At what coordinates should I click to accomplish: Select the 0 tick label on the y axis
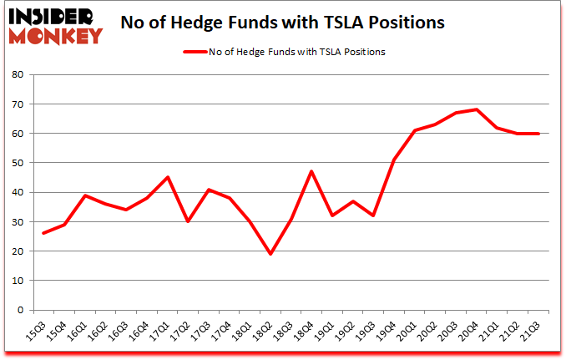(18, 310)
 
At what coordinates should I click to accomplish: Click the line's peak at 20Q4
(476, 109)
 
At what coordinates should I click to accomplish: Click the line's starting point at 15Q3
(43, 233)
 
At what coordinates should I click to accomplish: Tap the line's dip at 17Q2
(188, 221)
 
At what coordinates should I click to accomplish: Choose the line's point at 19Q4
(394, 160)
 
